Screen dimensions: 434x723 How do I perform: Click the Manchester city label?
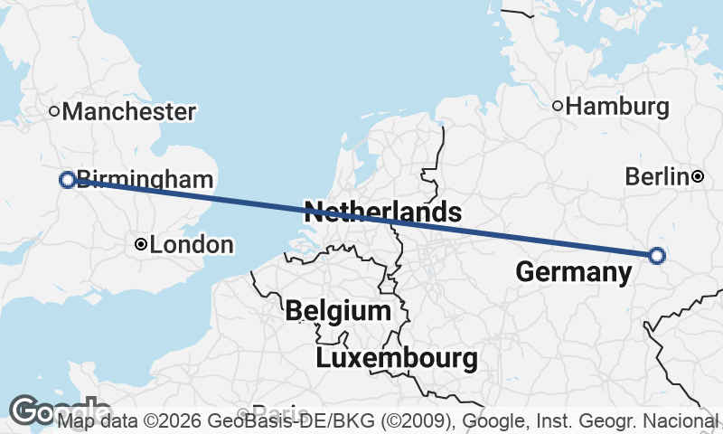tap(129, 112)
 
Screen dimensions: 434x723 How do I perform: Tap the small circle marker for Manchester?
tap(54, 111)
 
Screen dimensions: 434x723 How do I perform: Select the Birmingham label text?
tap(146, 180)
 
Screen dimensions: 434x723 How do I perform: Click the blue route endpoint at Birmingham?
tap(67, 180)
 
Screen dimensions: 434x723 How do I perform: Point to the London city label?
tap(192, 245)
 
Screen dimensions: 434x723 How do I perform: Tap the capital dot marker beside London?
tap(141, 244)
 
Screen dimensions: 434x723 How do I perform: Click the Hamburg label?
tap(618, 107)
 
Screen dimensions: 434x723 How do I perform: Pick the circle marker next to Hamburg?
tap(558, 107)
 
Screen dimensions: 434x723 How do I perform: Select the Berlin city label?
tap(657, 177)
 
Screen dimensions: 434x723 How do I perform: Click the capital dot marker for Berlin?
tap(698, 176)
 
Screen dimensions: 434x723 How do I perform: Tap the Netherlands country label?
tap(383, 213)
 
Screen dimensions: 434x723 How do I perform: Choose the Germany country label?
tap(573, 272)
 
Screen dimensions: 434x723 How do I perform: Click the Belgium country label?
tap(338, 312)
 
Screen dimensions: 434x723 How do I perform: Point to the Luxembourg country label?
tap(397, 358)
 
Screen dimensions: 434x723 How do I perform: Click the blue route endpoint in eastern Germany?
tap(657, 256)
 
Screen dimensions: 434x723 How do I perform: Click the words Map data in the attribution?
tap(96, 421)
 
